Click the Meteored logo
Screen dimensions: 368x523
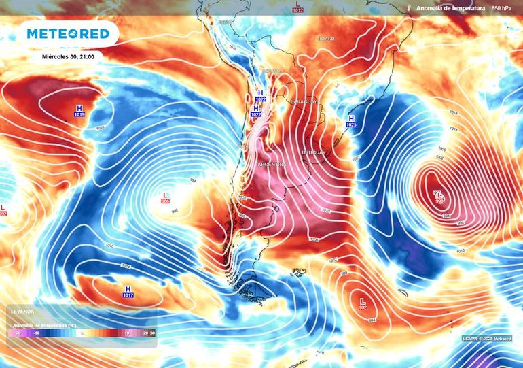[x=68, y=34]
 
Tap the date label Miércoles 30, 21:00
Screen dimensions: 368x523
[x=67, y=56]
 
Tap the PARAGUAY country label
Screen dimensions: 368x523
[x=304, y=102]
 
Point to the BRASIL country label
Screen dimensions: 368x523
[x=327, y=39]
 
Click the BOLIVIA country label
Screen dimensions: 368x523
[x=272, y=71]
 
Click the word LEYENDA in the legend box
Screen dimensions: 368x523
[x=23, y=311]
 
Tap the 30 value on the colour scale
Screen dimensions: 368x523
[x=153, y=333]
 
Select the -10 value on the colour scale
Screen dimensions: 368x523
[x=36, y=333]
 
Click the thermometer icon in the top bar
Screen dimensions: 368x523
[x=409, y=7]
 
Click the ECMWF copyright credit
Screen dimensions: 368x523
[x=488, y=338]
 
